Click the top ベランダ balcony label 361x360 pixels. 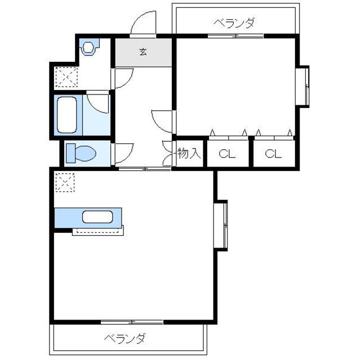(x=234, y=23)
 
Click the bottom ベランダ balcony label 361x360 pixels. (x=125, y=339)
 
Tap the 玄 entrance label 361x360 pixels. (x=143, y=52)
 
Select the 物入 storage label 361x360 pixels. (x=189, y=153)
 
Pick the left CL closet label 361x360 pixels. (x=227, y=154)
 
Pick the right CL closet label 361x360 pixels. (x=273, y=154)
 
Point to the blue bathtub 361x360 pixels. (x=67, y=115)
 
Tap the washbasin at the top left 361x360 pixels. (x=90, y=47)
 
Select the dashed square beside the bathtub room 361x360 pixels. (x=64, y=78)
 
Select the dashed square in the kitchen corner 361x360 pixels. (x=64, y=182)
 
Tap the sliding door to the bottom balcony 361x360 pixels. (x=132, y=322)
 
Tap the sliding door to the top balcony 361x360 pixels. (x=235, y=36)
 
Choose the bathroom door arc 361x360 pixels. (x=98, y=101)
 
